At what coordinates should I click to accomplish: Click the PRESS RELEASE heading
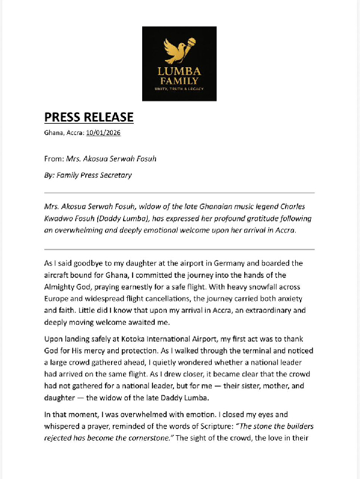[x=89, y=117]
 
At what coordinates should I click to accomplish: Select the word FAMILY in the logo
[x=179, y=81]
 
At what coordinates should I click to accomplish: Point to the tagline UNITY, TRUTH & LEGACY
[x=179, y=89]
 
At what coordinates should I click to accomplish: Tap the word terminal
[x=219, y=351]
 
